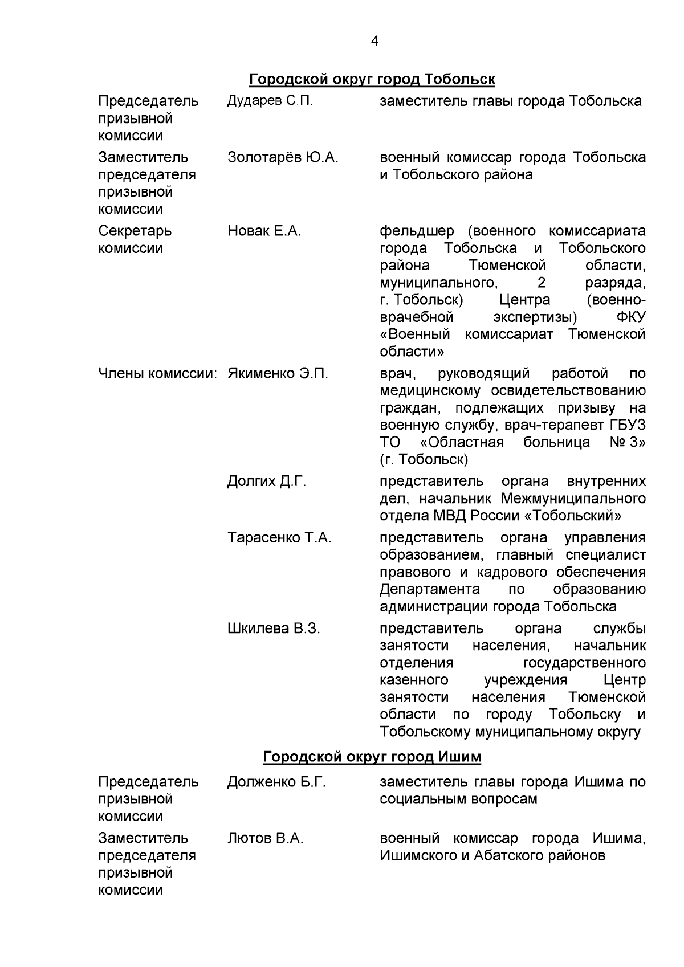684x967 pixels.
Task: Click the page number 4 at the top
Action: pos(374,41)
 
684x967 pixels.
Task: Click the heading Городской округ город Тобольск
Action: pos(372,79)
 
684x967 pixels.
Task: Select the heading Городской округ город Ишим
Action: pos(372,757)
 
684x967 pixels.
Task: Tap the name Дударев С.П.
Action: pos(270,101)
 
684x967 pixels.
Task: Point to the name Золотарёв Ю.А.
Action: pos(283,157)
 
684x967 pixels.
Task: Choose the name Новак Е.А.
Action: pos(264,231)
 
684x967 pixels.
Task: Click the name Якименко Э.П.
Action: pos(278,374)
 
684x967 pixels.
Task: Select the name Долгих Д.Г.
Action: pos(267,482)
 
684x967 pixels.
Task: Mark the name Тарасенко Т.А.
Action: pos(279,538)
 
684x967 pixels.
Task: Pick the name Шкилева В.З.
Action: pos(274,629)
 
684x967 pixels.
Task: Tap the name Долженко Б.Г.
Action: pos(276,782)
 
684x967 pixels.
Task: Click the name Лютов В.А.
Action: pos(265,838)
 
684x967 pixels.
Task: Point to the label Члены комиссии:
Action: pos(159,374)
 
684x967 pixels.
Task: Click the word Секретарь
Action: pos(135,231)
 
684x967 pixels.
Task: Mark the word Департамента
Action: pos(430,589)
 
